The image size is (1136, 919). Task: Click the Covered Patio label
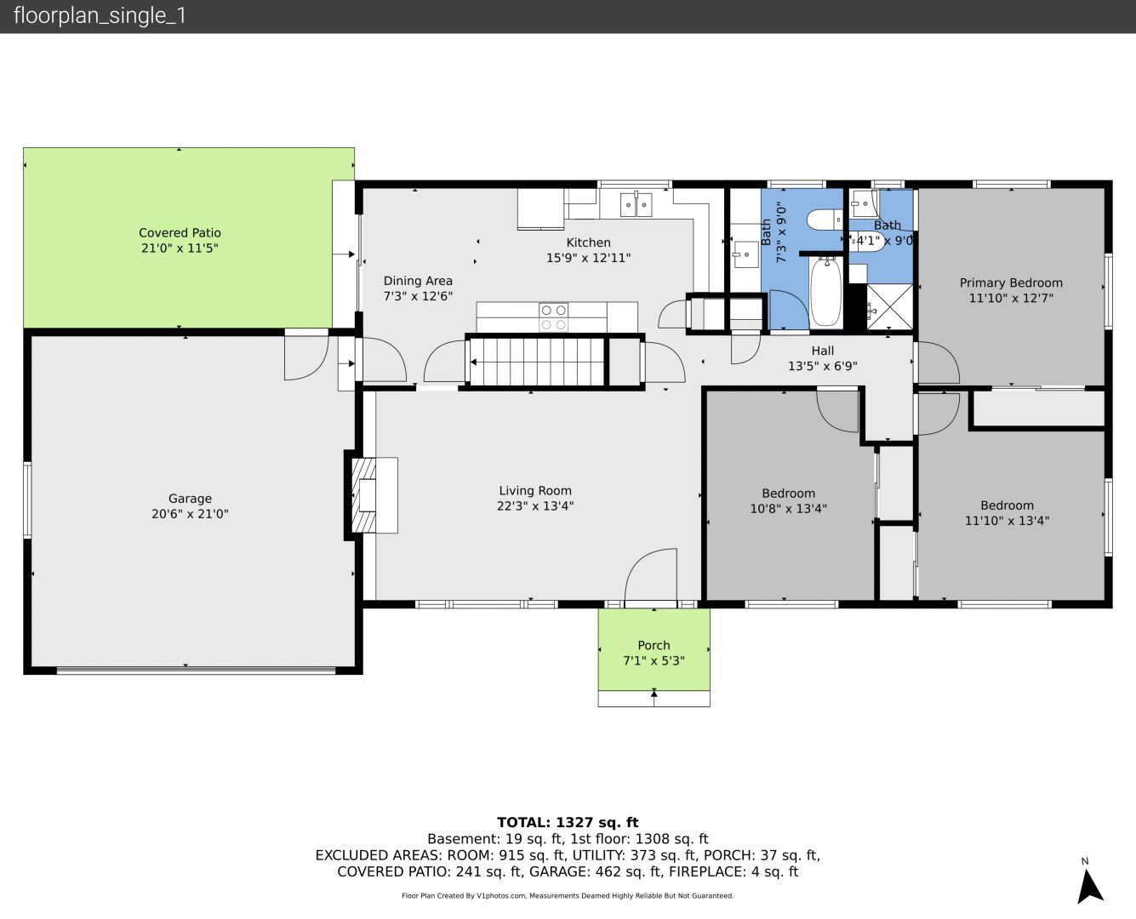pos(180,233)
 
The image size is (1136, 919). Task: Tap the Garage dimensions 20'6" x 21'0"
pos(190,514)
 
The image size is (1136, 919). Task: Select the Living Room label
pos(535,491)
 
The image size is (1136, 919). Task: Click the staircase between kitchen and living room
pos(537,362)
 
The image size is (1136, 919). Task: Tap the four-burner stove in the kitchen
pos(553,317)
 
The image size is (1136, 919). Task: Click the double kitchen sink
pos(636,205)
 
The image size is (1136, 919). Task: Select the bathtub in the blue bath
pos(826,291)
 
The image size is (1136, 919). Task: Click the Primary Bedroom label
pos(1011,283)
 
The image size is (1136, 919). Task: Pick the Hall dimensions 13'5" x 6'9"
pos(822,367)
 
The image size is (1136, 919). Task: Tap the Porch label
pos(654,645)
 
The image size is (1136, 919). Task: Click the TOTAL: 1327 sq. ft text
pos(568,823)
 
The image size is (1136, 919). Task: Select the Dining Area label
pos(418,281)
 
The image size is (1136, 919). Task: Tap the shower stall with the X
pos(889,307)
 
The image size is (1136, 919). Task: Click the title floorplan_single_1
pos(100,16)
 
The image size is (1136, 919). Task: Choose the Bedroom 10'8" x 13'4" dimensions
pos(788,509)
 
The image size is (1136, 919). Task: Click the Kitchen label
pos(588,243)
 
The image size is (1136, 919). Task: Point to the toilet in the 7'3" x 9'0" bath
pos(825,220)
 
